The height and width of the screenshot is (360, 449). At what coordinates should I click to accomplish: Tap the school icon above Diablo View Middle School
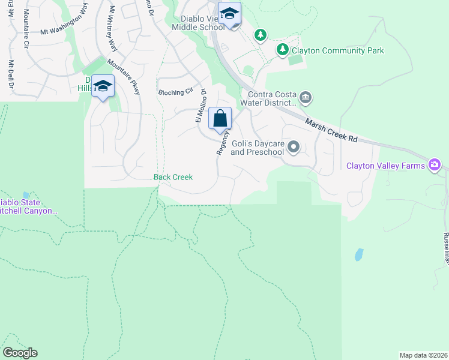coord(229,13)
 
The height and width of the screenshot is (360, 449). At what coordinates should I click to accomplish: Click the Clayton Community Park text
coord(338,51)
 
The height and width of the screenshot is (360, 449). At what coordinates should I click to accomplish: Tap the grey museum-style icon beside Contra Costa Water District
coord(305,97)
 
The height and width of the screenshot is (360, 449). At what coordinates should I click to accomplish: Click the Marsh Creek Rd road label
coord(331,130)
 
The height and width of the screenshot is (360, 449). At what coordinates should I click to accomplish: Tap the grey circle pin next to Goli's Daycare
coord(294,146)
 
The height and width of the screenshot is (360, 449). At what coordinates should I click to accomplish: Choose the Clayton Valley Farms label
coord(385,165)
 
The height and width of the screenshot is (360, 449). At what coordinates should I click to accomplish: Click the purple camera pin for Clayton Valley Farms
coord(435,165)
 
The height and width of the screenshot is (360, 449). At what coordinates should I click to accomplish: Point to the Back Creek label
coord(173,177)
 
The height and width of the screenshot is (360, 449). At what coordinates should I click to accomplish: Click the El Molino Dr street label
coord(200,106)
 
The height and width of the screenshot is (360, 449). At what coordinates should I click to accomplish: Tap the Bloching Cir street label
coord(176,92)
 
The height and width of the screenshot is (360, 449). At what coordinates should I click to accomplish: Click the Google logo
coord(20,353)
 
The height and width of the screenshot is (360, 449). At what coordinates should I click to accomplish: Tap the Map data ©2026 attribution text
coord(423,355)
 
